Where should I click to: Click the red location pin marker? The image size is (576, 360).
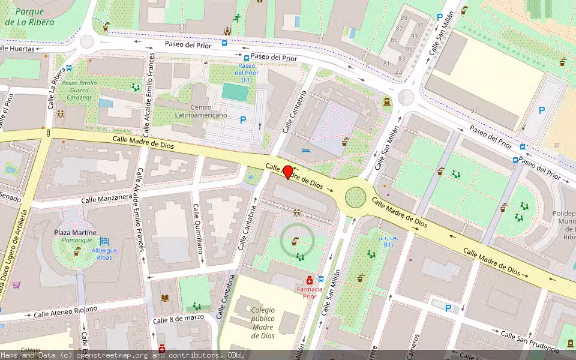click(x=288, y=172)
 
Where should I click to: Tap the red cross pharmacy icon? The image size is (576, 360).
click(x=310, y=280)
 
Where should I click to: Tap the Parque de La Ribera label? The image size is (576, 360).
click(x=29, y=17)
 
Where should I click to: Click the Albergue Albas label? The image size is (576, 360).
click(x=104, y=254)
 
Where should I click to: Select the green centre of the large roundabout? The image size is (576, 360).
click(x=355, y=196)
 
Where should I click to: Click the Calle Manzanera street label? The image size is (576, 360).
click(x=107, y=198)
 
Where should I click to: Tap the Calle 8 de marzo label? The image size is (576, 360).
click(x=178, y=319)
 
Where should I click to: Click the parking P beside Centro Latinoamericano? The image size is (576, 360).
click(x=243, y=120)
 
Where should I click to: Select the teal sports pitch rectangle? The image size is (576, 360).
click(x=235, y=92)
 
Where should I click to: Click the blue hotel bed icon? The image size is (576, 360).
click(x=306, y=151)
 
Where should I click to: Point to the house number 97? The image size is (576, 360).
click(x=474, y=110)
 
